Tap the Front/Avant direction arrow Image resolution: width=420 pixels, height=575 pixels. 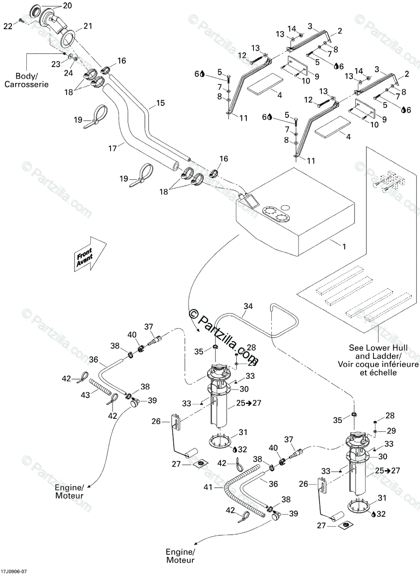tap(89, 253)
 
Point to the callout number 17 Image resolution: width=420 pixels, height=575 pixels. tap(112, 149)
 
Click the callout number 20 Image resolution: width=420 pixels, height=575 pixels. tap(66, 6)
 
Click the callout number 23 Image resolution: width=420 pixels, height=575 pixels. tap(55, 64)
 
